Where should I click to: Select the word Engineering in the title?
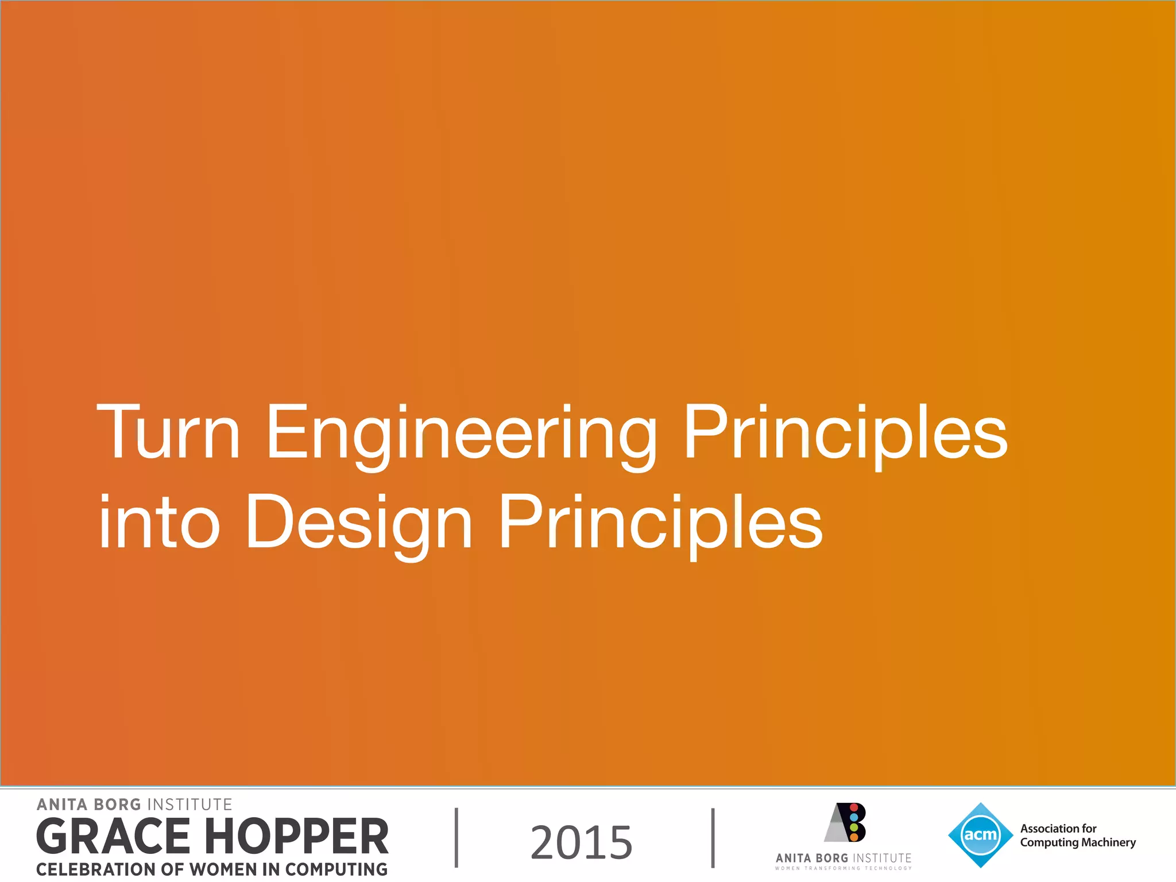(461, 434)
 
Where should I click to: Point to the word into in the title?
(159, 522)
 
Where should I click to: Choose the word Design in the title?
(359, 524)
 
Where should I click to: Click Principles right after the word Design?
(660, 524)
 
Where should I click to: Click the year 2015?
(581, 842)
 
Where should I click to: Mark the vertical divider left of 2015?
(457, 837)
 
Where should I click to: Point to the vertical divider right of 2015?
(713, 837)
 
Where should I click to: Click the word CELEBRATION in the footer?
(95, 869)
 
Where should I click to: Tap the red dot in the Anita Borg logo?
(854, 808)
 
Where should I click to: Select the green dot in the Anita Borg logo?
(854, 827)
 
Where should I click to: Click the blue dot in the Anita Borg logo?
(854, 817)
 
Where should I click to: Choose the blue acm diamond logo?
(980, 835)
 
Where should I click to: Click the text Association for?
(1058, 829)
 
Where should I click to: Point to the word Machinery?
(1109, 842)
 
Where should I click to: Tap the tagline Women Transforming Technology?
(843, 868)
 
